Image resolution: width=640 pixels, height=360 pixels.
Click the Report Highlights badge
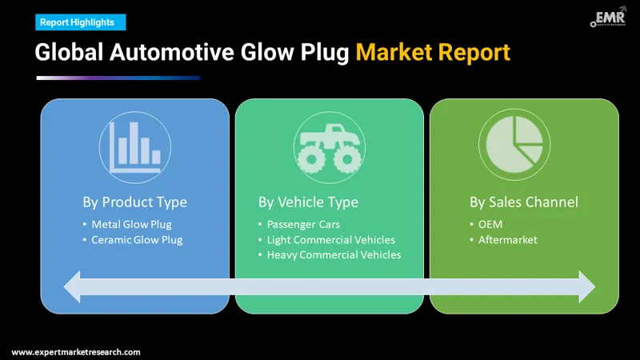[77, 22]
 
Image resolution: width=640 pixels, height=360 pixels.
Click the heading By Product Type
[134, 202]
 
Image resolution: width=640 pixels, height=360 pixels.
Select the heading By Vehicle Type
[308, 202]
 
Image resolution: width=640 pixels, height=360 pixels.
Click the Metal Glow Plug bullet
[131, 224]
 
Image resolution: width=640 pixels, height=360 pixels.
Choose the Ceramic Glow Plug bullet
[137, 239]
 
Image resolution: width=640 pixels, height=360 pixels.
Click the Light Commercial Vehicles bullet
[330, 239]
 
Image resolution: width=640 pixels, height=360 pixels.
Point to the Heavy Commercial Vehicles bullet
[334, 254]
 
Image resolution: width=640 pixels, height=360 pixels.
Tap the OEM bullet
[490, 224]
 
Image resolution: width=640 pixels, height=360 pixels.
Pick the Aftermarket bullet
[507, 239]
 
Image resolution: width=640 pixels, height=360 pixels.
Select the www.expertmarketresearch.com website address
[76, 352]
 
